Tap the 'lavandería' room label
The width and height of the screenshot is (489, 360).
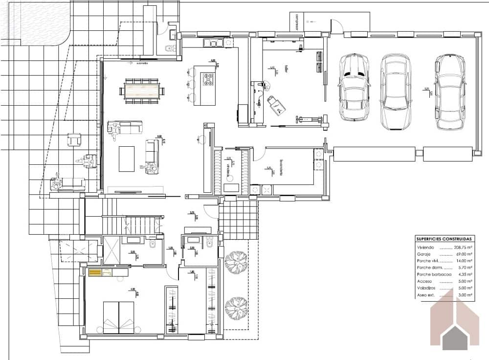coord(282,166)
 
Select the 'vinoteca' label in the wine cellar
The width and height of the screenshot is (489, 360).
coord(228,169)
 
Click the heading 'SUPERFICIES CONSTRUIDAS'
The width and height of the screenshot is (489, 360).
coord(444,239)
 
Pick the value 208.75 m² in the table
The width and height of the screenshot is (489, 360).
coord(463,248)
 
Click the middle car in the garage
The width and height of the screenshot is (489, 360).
coord(396,91)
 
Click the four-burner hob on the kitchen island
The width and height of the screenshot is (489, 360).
coord(208,79)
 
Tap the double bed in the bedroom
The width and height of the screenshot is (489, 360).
coord(118,316)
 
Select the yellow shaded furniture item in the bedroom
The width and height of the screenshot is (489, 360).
coord(94,272)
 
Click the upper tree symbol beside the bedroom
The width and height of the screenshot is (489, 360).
coord(237,259)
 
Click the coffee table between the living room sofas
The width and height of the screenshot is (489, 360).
coord(127,158)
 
